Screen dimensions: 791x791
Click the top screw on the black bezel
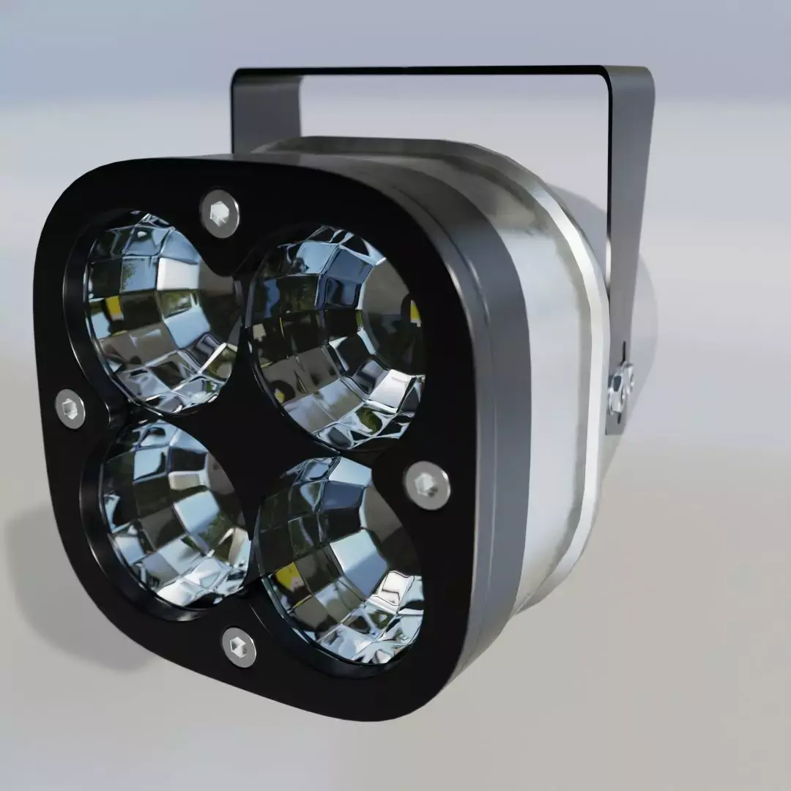220,213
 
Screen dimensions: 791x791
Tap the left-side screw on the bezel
70,409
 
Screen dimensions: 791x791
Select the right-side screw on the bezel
427,485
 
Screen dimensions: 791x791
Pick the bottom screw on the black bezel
239,647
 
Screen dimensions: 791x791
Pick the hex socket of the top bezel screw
220,213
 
